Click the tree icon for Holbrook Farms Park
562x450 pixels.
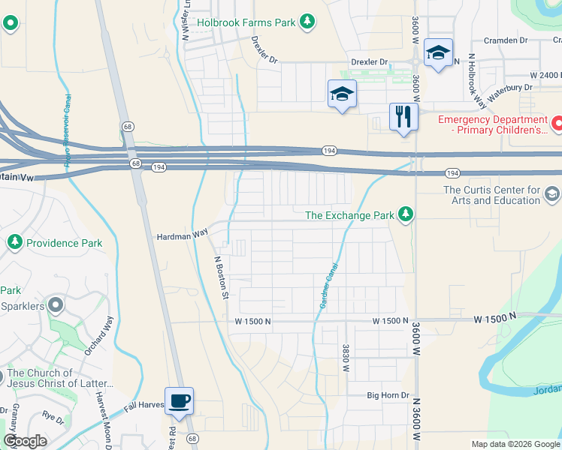[307, 22]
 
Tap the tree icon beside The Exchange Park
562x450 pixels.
[406, 215]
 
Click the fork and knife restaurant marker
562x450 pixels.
[403, 116]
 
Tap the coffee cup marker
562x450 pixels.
[179, 400]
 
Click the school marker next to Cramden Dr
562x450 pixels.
[438, 52]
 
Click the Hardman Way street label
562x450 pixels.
[182, 236]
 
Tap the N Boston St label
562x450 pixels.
[220, 277]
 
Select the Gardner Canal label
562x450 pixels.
[328, 286]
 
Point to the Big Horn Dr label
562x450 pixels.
[388, 395]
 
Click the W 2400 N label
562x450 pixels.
[545, 76]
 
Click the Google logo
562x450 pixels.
[25, 441]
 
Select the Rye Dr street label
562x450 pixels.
[53, 414]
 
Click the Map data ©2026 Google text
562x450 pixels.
[515, 444]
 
